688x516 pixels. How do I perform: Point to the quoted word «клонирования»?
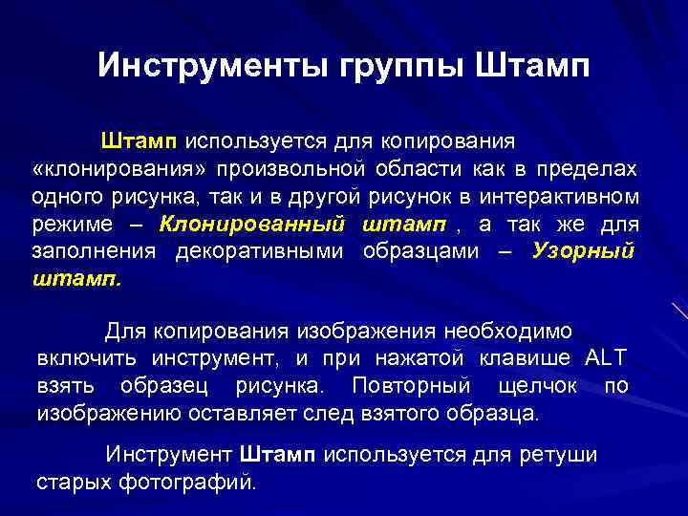pos(119,169)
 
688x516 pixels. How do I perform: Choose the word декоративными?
pos(263,252)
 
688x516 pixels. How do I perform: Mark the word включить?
pos(87,358)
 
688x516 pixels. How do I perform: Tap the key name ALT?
pos(605,358)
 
